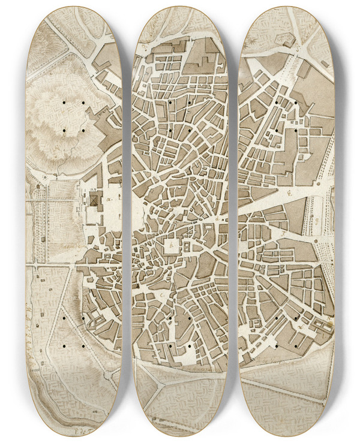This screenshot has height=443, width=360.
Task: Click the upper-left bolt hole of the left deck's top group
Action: [62, 104]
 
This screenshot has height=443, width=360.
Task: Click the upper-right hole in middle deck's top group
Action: [190, 103]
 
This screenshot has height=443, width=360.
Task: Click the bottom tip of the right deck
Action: [287, 434]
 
